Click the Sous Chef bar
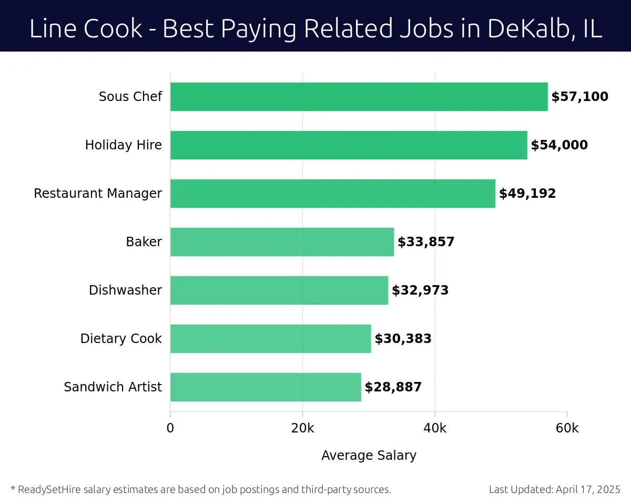coord(359,97)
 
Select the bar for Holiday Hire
coord(349,145)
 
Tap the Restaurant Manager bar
coord(333,194)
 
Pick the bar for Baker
coord(282,242)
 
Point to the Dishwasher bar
coord(279,290)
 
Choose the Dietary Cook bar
coord(270,339)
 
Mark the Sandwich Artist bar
coord(266,387)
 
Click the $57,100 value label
coord(579,97)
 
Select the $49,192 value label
coord(527,194)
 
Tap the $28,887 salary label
coord(393,387)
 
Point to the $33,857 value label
coord(426,242)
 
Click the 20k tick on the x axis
coord(302,428)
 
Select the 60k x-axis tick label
coord(567,428)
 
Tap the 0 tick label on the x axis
coord(170,428)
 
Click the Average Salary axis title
coord(369,456)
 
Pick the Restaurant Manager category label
coord(98,194)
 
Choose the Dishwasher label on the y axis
coord(125,290)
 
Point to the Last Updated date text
coord(555,490)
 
